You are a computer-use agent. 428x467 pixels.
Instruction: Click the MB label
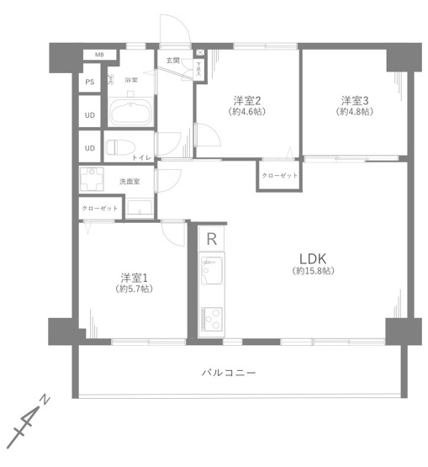[x=99, y=56]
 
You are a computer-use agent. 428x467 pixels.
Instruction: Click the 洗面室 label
[x=129, y=181]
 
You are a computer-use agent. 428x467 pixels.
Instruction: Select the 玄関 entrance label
[x=172, y=61]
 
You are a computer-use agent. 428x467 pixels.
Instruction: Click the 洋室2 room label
[x=246, y=99]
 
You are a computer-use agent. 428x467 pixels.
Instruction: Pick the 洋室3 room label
[x=355, y=99]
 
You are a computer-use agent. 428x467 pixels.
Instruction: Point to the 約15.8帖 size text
[x=314, y=271]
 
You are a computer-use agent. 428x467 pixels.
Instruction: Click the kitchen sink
[x=210, y=274]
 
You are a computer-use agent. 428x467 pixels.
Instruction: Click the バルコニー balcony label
[x=228, y=372]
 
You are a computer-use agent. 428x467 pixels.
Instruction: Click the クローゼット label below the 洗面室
[x=100, y=207]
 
